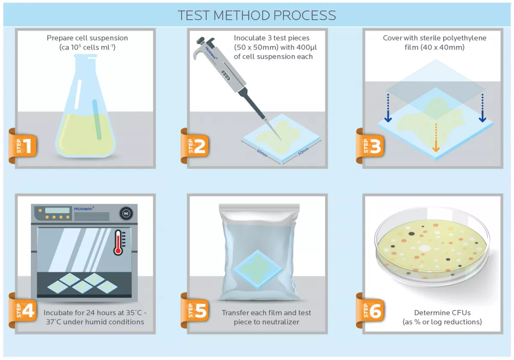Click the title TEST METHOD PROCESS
[257, 15]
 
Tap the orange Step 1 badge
[23, 146]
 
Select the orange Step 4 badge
[23, 310]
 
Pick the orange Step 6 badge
[370, 310]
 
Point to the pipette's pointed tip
[281, 140]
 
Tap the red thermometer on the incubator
[118, 243]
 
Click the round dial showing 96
[126, 214]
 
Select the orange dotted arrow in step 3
[436, 138]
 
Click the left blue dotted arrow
[388, 108]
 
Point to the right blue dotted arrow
[482, 108]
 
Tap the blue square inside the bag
[258, 269]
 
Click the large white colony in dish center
[424, 248]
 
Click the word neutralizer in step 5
[278, 322]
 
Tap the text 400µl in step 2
[307, 48]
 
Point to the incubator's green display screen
[57, 210]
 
